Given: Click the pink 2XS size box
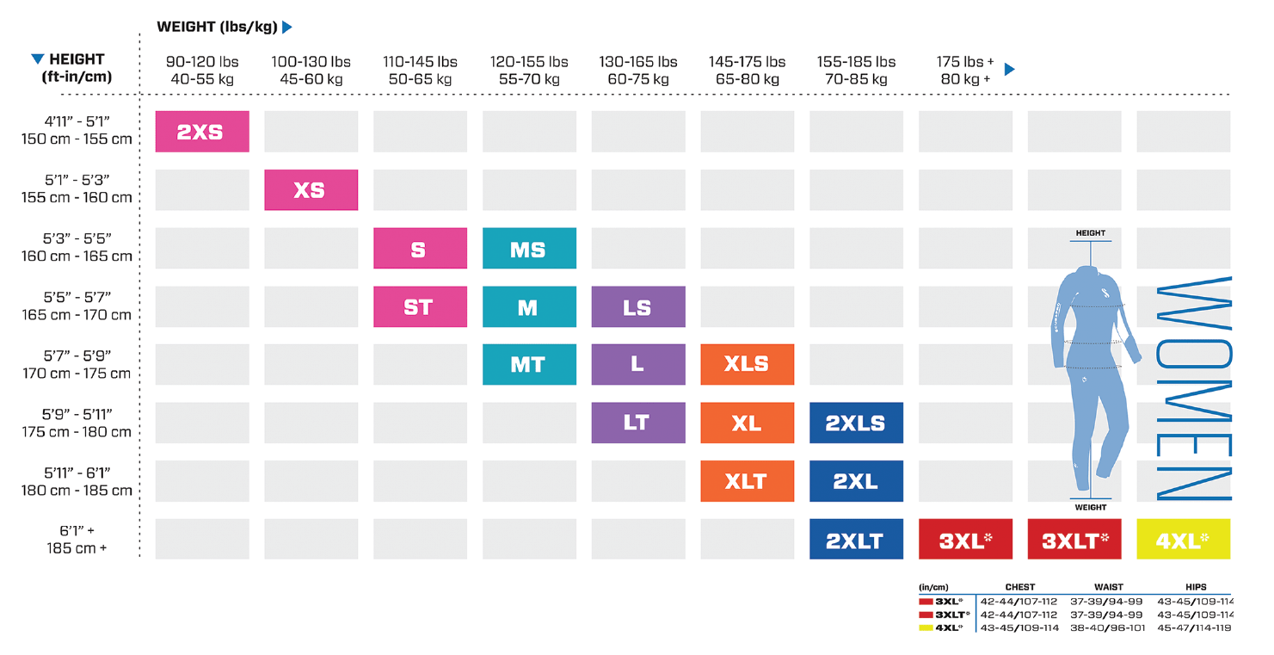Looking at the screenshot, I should (202, 132).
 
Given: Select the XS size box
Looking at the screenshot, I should (311, 190).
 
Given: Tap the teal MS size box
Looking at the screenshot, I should (528, 249).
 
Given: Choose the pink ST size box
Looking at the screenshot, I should (420, 307).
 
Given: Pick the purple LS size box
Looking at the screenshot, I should (637, 307).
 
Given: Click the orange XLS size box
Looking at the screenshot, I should (747, 364).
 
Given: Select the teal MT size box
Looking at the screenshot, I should (528, 364).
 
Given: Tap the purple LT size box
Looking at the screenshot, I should (637, 423).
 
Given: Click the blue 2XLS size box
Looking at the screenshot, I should (856, 423).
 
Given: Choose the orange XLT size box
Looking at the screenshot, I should (747, 481).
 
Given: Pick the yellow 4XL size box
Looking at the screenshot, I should (1183, 540).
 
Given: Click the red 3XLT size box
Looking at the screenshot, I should (1074, 540).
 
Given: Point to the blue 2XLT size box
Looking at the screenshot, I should (856, 540).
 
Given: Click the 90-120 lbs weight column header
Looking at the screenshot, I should (202, 70).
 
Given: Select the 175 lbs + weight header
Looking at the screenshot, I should (964, 70).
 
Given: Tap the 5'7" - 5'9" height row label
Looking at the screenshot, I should (77, 364).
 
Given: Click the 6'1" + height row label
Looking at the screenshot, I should (77, 540).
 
